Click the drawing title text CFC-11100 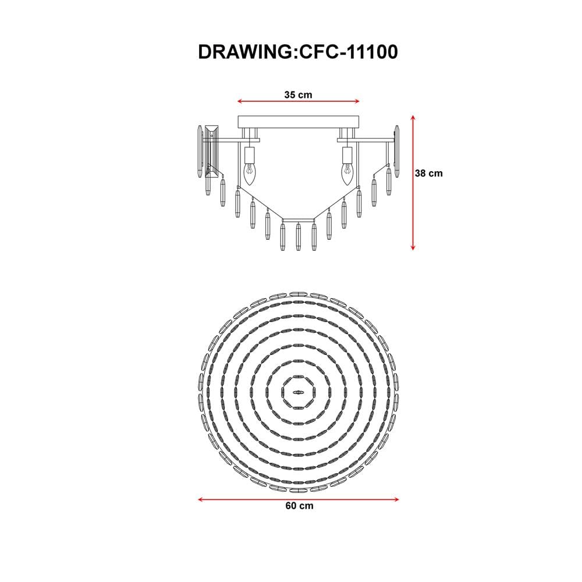coord(349,52)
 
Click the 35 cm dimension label coord(299,95)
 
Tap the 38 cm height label coord(429,173)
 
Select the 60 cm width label coord(299,506)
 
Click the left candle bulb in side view coord(250,175)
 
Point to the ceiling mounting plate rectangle coord(299,122)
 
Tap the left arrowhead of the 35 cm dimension coord(240,101)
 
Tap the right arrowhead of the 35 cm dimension coord(358,101)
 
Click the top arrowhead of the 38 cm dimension coord(413,118)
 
